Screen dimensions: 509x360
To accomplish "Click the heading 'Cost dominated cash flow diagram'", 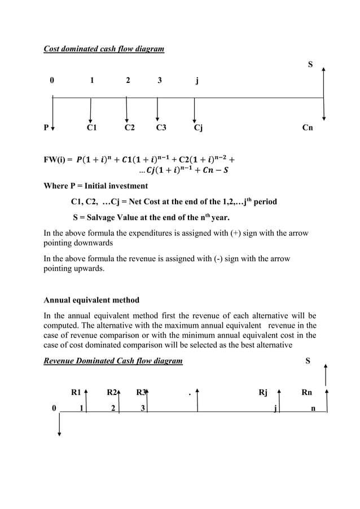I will click(x=104, y=49).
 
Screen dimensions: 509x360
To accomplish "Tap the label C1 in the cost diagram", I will click(x=91, y=128).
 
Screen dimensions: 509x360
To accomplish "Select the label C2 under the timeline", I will click(x=129, y=128).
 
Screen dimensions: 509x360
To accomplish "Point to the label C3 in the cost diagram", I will click(x=161, y=128).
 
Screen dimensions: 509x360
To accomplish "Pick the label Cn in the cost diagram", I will click(x=308, y=128).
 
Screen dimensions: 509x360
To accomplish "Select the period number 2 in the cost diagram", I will click(x=128, y=80).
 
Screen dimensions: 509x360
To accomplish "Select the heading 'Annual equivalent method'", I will click(x=91, y=300).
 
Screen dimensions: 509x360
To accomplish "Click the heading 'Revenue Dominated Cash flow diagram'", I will click(x=113, y=361).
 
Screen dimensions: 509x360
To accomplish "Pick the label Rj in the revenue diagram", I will click(x=262, y=392).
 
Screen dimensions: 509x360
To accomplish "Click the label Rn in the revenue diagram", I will click(x=307, y=392).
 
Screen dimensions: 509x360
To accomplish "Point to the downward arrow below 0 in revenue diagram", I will click(x=59, y=425).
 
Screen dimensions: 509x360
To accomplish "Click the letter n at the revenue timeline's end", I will click(x=314, y=408).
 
